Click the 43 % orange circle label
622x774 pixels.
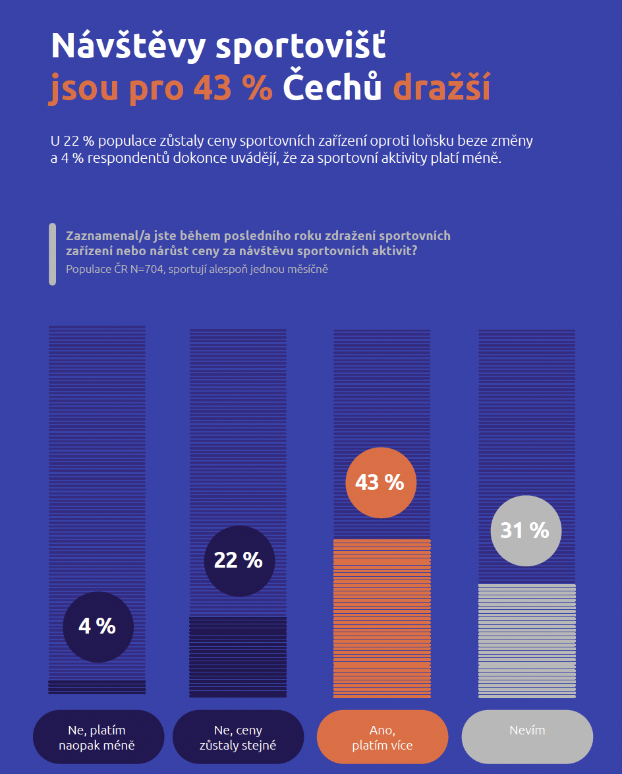click(380, 482)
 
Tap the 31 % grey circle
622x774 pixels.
click(525, 530)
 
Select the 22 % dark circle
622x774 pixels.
click(239, 560)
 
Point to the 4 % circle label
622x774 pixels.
click(98, 626)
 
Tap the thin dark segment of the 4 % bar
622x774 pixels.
click(97, 687)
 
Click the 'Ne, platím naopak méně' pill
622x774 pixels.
click(98, 737)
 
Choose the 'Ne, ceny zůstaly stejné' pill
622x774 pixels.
click(238, 737)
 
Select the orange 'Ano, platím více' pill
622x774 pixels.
click(382, 737)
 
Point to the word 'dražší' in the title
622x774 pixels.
click(441, 88)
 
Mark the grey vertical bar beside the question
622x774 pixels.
click(53, 254)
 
